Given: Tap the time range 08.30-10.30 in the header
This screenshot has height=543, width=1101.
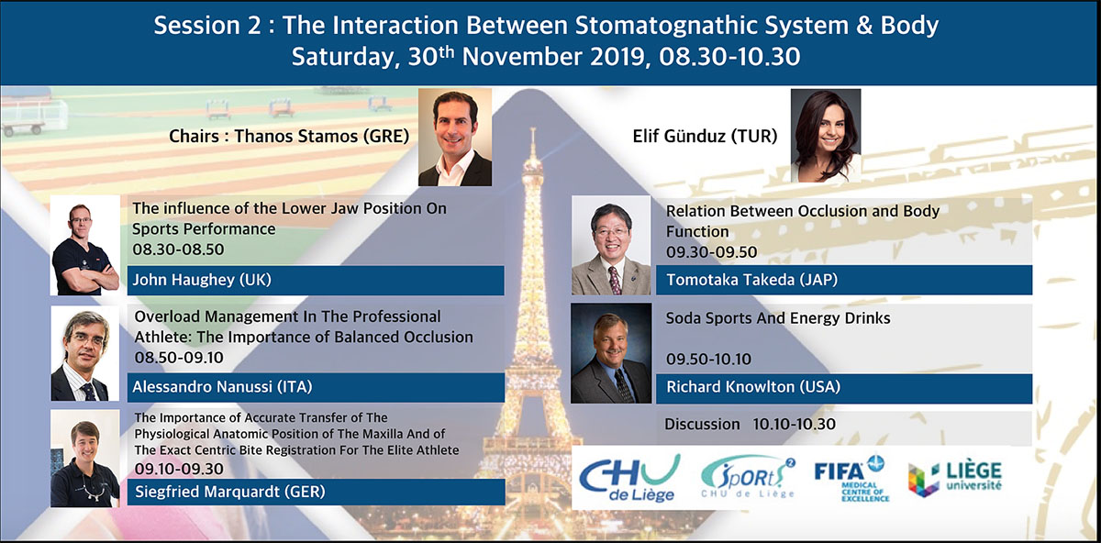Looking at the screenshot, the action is click(729, 57).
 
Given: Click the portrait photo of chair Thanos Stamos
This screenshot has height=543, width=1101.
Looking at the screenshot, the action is click(455, 137).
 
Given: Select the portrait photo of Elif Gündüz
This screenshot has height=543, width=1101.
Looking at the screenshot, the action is click(826, 136).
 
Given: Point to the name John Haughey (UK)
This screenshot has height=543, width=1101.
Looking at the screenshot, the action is click(202, 280).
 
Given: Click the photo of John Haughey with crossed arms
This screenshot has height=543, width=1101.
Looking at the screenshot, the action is click(85, 245).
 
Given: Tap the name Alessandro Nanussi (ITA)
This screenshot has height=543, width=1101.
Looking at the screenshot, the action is click(222, 387).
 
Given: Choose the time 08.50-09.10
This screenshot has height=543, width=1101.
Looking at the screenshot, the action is click(179, 357).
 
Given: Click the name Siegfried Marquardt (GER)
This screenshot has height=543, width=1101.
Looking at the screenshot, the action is click(230, 492).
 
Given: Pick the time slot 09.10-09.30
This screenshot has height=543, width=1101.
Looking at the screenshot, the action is click(179, 469).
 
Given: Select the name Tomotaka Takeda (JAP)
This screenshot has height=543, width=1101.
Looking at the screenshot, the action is click(752, 280).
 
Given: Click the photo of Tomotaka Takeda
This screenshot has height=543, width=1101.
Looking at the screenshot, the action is click(611, 245).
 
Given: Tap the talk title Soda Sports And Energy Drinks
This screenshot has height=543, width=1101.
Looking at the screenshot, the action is click(778, 318).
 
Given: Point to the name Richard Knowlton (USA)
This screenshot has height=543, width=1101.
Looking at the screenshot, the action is click(753, 387).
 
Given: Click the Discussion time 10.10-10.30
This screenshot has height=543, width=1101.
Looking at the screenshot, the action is click(794, 424).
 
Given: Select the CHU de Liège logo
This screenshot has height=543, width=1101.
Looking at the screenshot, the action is click(629, 478).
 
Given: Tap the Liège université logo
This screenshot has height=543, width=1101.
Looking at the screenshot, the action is click(954, 479).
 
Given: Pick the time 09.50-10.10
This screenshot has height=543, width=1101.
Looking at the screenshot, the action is click(708, 359).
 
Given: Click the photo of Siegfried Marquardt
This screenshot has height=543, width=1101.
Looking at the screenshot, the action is click(85, 459).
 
